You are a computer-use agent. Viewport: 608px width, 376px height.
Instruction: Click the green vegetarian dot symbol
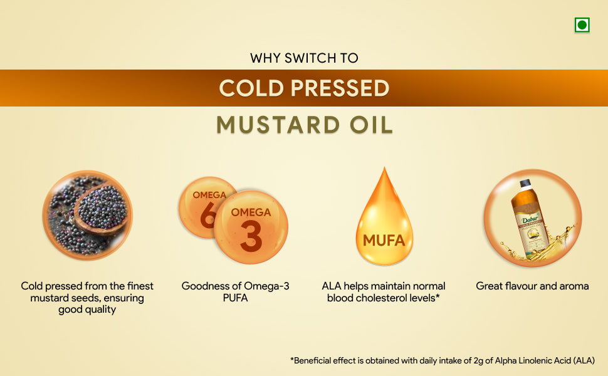tap(582, 25)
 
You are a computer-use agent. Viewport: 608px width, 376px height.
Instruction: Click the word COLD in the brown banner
tap(251, 88)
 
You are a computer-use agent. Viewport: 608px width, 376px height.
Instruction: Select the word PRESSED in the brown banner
tap(340, 88)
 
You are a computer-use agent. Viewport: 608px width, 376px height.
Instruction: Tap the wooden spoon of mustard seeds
tap(101, 209)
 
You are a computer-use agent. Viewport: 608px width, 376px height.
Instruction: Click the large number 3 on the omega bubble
tap(251, 236)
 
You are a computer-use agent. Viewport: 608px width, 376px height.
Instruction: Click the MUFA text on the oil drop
tap(384, 241)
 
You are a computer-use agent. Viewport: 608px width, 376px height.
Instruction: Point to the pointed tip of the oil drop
tap(384, 168)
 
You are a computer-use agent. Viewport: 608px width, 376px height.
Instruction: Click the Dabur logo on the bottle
tap(530, 219)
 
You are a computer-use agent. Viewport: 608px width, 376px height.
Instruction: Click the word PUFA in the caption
tap(236, 298)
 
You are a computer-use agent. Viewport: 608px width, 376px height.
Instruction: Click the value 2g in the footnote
tap(478, 361)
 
